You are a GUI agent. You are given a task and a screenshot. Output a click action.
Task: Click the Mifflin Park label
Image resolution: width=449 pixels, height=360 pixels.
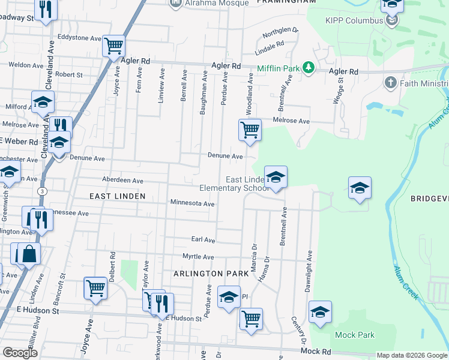click(278, 68)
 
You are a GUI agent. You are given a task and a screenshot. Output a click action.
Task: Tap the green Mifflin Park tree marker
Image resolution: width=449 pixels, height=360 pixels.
click(309, 68)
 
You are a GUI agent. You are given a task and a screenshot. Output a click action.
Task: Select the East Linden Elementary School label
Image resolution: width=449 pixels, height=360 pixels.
click(247, 184)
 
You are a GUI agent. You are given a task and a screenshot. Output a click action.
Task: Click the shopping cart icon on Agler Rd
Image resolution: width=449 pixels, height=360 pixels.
click(113, 46)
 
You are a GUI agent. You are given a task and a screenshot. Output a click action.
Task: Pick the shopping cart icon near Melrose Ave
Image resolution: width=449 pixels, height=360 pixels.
click(250, 130)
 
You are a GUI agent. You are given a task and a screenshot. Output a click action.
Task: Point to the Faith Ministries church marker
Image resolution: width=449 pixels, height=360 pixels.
click(390, 82)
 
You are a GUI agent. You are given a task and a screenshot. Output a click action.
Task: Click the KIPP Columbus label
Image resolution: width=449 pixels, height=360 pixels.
click(354, 20)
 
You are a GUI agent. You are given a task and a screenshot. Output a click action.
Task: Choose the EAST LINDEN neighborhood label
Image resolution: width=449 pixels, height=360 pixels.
click(117, 196)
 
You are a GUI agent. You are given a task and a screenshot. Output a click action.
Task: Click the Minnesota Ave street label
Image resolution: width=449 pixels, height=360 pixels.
click(192, 204)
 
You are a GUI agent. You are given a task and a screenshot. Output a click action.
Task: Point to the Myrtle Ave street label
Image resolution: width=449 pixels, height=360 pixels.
click(198, 257)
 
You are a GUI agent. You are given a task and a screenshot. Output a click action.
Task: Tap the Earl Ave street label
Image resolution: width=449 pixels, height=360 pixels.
click(203, 240)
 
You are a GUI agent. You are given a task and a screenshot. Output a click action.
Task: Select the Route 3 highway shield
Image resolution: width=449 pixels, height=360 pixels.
click(41, 190)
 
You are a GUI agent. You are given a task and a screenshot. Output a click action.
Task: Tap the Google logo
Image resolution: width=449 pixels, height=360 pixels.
click(20, 353)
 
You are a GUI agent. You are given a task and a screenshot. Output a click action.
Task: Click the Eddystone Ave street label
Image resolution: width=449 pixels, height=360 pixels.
click(79, 38)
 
